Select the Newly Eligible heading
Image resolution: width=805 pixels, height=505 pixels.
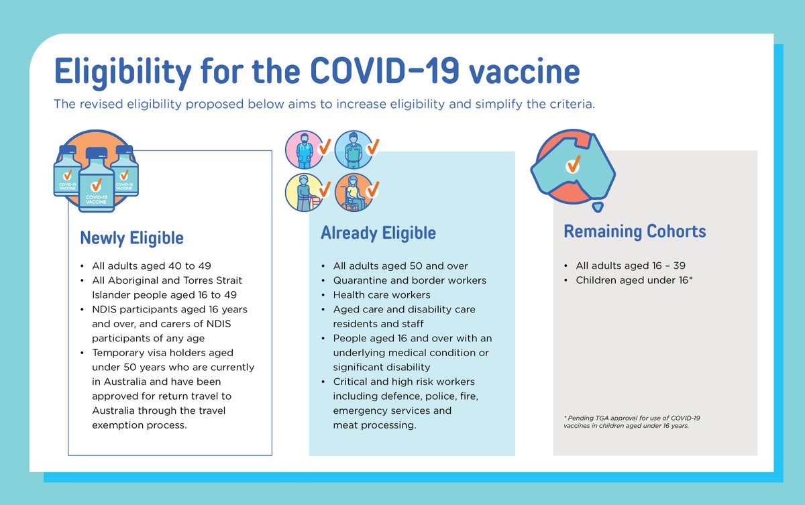(x=131, y=238)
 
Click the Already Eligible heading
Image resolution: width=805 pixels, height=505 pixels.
(x=378, y=233)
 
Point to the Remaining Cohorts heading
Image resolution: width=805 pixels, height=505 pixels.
(x=635, y=231)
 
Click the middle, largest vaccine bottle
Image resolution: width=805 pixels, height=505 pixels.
(x=96, y=180)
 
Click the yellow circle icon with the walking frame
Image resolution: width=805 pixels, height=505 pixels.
(x=303, y=192)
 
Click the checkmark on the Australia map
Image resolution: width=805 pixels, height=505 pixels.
(x=573, y=164)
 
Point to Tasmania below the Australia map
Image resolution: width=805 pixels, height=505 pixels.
(x=600, y=206)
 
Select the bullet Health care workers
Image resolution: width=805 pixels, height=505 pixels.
(x=382, y=294)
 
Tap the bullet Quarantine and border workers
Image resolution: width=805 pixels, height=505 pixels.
(x=409, y=280)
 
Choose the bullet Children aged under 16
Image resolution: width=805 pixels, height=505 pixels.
(x=633, y=280)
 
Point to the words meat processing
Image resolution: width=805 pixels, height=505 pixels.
(x=374, y=425)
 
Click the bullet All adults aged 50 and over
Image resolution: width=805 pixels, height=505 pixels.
(x=400, y=266)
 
